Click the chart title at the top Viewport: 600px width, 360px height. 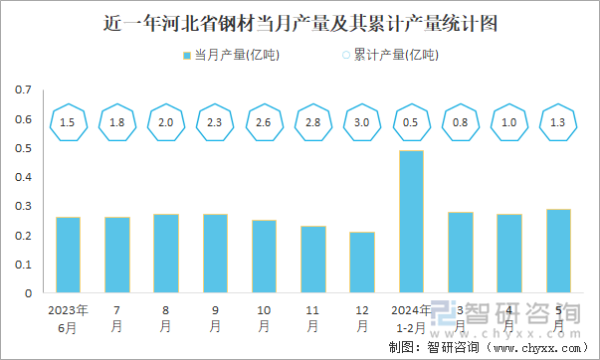(x=300, y=21)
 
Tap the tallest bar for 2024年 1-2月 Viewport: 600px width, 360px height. (x=411, y=222)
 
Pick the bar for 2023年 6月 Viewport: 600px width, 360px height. (x=68, y=256)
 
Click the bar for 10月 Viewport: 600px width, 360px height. (x=264, y=257)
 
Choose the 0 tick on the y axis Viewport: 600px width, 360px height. (x=28, y=294)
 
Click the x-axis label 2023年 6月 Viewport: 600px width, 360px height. (x=68, y=317)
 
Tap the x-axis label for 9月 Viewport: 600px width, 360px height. (x=215, y=317)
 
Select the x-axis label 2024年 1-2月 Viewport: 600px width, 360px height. (x=411, y=317)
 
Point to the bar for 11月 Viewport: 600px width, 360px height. (x=313, y=260)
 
